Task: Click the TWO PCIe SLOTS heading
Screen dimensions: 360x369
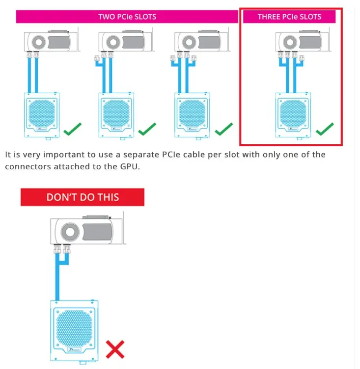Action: (127, 17)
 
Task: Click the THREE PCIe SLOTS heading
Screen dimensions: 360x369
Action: (289, 17)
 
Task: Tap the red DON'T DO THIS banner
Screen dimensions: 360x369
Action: (83, 197)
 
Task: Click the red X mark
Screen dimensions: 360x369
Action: (115, 349)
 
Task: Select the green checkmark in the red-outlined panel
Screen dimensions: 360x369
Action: (325, 129)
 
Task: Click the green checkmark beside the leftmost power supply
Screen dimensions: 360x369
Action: (72, 129)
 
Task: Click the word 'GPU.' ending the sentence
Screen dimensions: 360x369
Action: (130, 167)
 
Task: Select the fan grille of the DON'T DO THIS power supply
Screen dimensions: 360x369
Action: (74, 328)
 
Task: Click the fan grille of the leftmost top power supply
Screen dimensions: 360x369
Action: (42, 113)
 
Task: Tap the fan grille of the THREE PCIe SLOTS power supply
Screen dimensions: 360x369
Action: (293, 113)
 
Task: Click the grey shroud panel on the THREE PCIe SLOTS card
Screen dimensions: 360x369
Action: (310, 42)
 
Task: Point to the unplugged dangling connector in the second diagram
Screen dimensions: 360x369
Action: (97, 58)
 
